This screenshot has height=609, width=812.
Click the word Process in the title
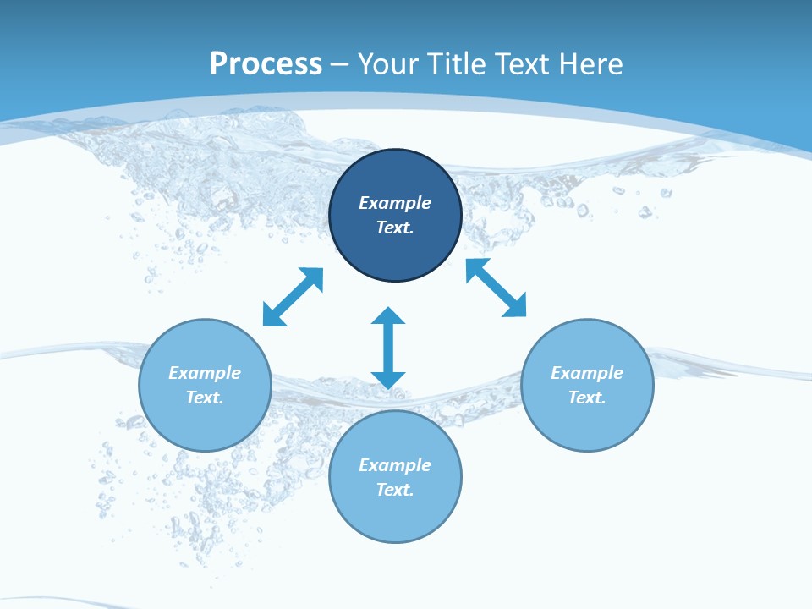[x=266, y=64]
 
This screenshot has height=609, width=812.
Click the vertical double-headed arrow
[x=388, y=348]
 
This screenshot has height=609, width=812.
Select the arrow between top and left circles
[x=293, y=297]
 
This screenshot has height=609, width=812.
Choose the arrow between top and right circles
[x=497, y=288]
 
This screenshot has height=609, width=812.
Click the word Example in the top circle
[x=395, y=203]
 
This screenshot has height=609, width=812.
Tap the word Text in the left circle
[x=205, y=398]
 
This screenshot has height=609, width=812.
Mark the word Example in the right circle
[x=587, y=373]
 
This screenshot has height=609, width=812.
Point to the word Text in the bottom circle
[x=395, y=490]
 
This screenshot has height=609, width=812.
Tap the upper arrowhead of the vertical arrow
[x=388, y=316]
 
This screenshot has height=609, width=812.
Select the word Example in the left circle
[x=205, y=373]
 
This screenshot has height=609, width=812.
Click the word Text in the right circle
[x=587, y=398]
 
